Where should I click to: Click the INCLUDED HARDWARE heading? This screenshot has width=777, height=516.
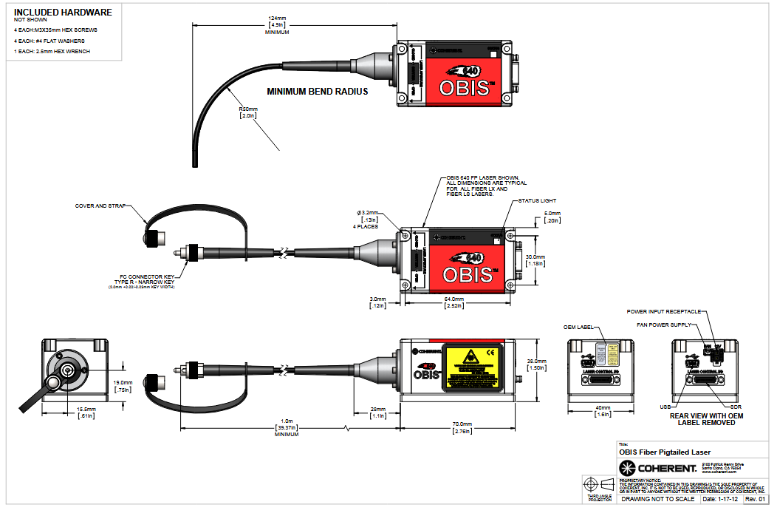63,12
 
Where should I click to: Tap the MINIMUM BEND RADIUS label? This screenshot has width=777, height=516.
318,92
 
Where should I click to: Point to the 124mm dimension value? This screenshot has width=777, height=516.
278,18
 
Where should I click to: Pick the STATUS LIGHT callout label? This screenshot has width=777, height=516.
537,200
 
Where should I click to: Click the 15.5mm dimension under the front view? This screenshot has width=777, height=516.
86,409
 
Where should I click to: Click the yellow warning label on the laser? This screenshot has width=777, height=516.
472,367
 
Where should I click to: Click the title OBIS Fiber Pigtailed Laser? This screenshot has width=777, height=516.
665,452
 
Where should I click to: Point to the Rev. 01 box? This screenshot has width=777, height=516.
755,500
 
